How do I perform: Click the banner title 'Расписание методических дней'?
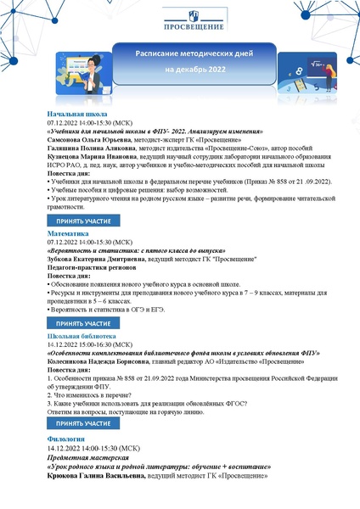[180, 53]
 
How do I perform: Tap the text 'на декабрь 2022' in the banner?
[180, 69]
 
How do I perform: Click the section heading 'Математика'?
[69, 232]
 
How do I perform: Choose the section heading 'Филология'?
[66, 438]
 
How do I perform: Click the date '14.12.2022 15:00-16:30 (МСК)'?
[89, 344]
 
